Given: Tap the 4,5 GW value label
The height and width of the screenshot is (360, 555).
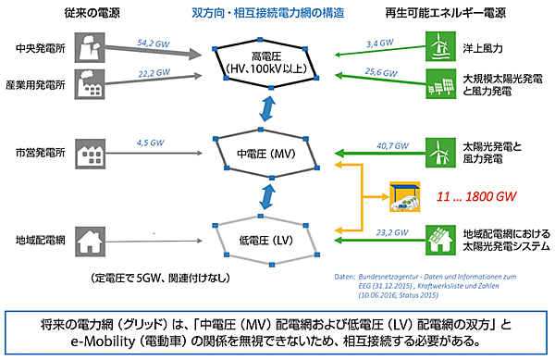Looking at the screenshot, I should pyautogui.click(x=149, y=143).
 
